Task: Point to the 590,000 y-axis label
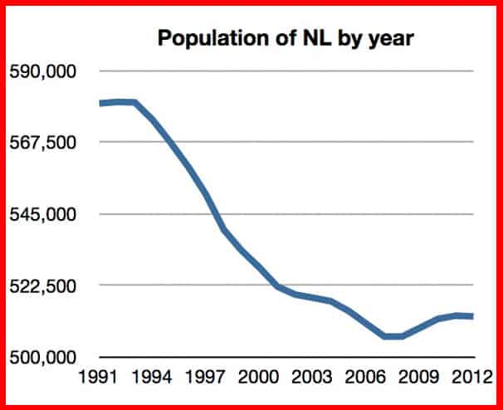42,71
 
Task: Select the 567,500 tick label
42,143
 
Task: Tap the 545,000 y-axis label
42,214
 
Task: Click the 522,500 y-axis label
42,286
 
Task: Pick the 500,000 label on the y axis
42,358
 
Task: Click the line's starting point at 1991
100,104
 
